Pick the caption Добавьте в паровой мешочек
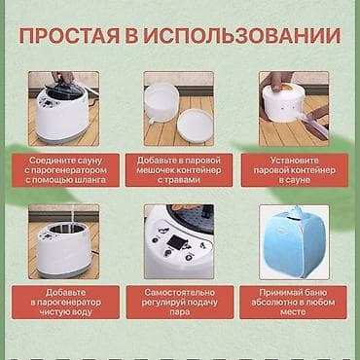coord(179,169)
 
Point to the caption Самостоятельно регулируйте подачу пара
coord(179,303)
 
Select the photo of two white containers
coord(179,107)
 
